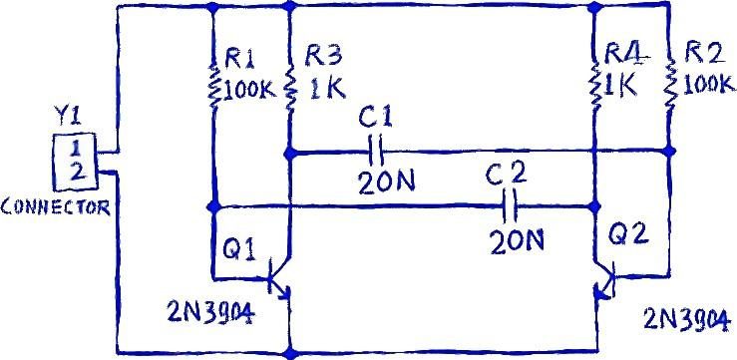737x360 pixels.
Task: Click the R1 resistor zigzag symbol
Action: (214, 86)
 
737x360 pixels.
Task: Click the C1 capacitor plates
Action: (376, 152)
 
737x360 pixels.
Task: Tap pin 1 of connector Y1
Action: (74, 149)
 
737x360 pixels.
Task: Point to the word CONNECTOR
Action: (56, 206)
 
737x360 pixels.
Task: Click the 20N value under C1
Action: (386, 181)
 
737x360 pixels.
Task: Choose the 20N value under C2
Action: (517, 241)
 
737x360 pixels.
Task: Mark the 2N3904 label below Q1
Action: (210, 312)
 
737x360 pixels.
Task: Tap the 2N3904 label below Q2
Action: (687, 320)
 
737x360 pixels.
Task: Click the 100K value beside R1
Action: (250, 90)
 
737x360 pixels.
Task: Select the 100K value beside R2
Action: (708, 84)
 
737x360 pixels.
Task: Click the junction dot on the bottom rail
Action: (291, 352)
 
